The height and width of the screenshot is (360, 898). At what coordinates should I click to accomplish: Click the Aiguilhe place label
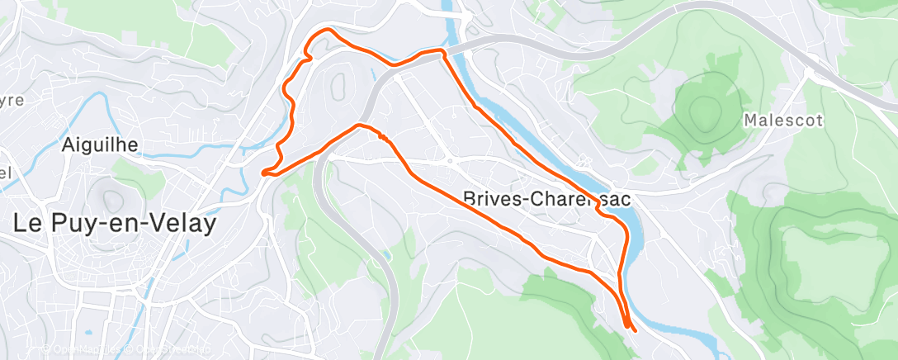[99, 145]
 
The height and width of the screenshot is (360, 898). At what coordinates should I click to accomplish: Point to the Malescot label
[783, 120]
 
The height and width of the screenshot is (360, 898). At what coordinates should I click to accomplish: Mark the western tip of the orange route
[262, 173]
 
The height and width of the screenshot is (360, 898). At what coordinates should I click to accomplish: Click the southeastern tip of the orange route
[635, 332]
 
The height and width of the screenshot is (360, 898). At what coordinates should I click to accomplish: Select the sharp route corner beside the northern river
[444, 52]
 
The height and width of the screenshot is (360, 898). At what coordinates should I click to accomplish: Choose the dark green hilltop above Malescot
[703, 108]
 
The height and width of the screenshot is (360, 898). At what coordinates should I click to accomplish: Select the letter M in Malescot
[750, 120]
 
